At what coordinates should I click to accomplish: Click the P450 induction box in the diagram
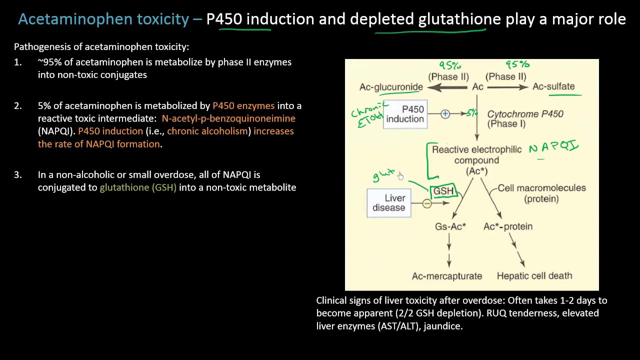click(405, 114)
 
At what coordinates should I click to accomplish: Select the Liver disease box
click(389, 203)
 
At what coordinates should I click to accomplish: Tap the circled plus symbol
click(445, 114)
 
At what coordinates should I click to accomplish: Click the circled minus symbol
click(426, 203)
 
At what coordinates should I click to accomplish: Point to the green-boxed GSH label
click(443, 191)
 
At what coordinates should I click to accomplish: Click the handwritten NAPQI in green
click(553, 147)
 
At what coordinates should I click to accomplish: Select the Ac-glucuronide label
click(391, 87)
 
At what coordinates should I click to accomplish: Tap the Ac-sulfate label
click(553, 86)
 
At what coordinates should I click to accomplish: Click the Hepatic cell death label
click(534, 275)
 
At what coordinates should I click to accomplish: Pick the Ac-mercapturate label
click(446, 276)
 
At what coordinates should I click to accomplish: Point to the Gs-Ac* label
click(450, 226)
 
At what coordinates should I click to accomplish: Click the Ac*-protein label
click(507, 226)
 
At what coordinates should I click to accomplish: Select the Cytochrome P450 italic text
click(525, 114)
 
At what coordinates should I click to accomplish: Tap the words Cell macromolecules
click(541, 188)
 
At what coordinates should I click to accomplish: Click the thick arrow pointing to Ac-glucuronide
click(447, 87)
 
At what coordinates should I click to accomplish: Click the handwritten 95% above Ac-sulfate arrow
click(517, 65)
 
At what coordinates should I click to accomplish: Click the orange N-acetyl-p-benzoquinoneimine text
click(228, 118)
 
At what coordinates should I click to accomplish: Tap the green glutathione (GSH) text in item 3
click(138, 187)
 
